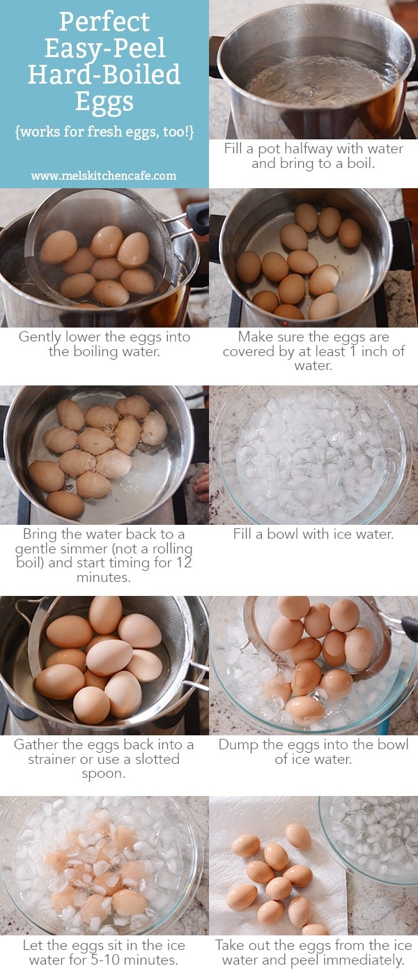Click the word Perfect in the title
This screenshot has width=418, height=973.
coord(104,22)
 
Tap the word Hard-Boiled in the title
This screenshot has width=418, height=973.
coord(104,75)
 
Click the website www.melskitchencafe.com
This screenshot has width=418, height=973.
coord(104,176)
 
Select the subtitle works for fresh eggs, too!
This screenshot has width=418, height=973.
coord(104,132)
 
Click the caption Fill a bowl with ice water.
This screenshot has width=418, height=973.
coord(313,535)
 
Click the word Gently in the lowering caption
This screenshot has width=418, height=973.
coord(42,337)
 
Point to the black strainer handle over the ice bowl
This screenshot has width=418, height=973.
coord(408,627)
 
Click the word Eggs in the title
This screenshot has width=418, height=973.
coord(104,102)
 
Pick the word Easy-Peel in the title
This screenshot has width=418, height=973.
coord(104,48)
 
